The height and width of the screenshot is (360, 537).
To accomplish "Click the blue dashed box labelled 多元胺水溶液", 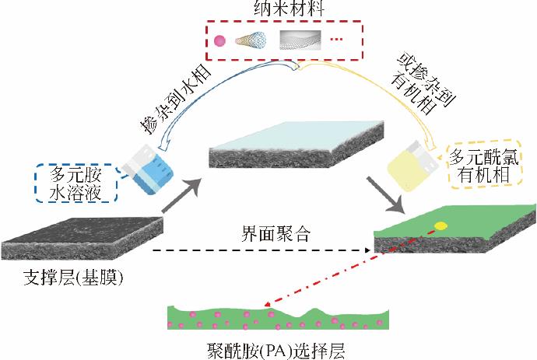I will point(77,183).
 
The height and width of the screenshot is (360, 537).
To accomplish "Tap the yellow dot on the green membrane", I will point(440,226).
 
